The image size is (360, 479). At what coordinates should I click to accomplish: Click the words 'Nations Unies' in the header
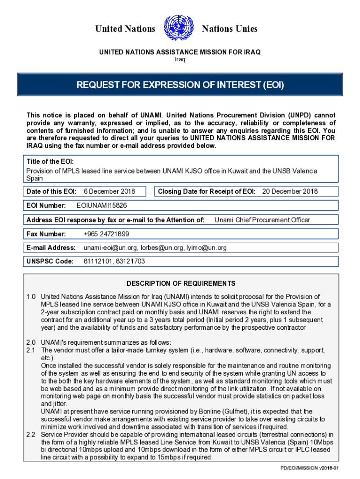click(229, 29)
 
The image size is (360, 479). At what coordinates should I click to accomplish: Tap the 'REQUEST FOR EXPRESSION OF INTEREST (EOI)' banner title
click(180, 85)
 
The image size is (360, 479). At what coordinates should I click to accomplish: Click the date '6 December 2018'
click(109, 191)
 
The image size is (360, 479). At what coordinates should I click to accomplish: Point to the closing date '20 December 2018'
click(289, 191)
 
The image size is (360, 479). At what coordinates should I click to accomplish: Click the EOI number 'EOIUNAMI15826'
click(101, 205)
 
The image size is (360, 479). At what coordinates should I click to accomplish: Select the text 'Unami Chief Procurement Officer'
click(262, 220)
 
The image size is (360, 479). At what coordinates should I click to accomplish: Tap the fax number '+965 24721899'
click(106, 234)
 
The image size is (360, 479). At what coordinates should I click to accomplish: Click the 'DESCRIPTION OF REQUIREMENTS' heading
click(181, 283)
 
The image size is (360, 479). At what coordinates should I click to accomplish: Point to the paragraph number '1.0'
click(31, 297)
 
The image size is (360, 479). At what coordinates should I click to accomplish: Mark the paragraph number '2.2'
click(31, 435)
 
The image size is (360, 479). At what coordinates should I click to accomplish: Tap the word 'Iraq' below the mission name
click(180, 59)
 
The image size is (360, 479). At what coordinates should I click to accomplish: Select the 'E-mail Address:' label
click(51, 248)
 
